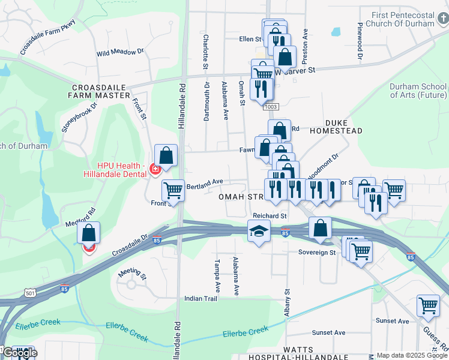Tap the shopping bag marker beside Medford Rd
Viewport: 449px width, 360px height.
click(88, 233)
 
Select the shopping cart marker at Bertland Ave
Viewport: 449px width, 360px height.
click(173, 191)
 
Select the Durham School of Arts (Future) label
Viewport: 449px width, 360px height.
click(418, 91)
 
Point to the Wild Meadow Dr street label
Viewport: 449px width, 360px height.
click(120, 53)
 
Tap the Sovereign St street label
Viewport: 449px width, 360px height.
click(317, 253)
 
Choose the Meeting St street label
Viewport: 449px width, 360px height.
click(132, 274)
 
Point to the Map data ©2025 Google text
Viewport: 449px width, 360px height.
click(412, 355)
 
